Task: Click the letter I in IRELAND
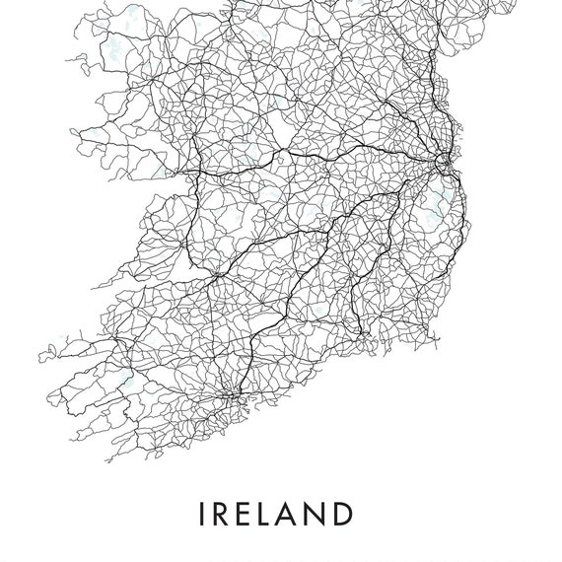click(x=203, y=515)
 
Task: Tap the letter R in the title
click(x=223, y=515)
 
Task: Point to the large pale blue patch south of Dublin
click(x=431, y=208)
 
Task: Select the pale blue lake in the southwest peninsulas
click(x=122, y=381)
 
